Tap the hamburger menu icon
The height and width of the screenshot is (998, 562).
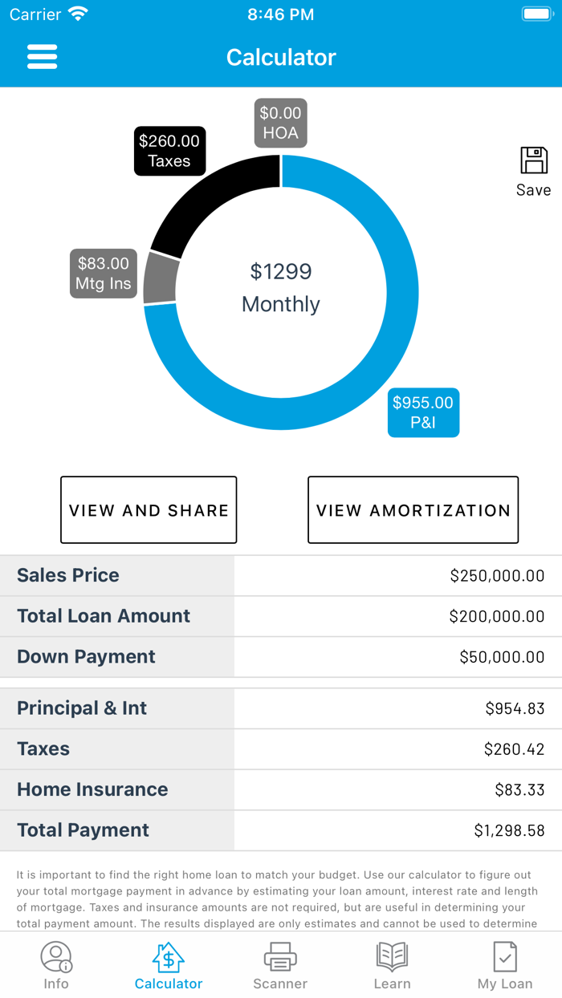click(42, 57)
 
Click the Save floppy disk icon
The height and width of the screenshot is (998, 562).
click(534, 161)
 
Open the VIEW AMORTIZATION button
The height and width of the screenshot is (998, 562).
click(413, 510)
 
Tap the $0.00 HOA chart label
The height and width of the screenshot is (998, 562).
click(280, 123)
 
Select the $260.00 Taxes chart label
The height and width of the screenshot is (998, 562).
click(169, 151)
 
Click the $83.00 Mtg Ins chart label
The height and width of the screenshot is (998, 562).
click(103, 274)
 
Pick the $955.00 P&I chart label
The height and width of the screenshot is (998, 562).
click(423, 412)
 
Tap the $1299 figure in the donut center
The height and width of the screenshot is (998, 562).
click(280, 272)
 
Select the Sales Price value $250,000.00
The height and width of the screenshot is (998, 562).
click(497, 575)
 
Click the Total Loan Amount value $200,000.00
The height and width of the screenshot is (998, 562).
click(496, 616)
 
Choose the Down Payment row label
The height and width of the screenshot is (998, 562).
click(86, 656)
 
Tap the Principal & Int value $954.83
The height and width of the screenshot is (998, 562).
click(515, 708)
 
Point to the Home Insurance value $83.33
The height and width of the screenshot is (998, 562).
click(519, 789)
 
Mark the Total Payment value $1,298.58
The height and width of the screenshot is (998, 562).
click(509, 830)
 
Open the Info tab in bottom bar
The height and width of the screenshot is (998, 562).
click(56, 965)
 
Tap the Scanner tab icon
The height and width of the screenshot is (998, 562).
click(280, 957)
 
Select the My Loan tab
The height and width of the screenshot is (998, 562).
click(505, 965)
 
